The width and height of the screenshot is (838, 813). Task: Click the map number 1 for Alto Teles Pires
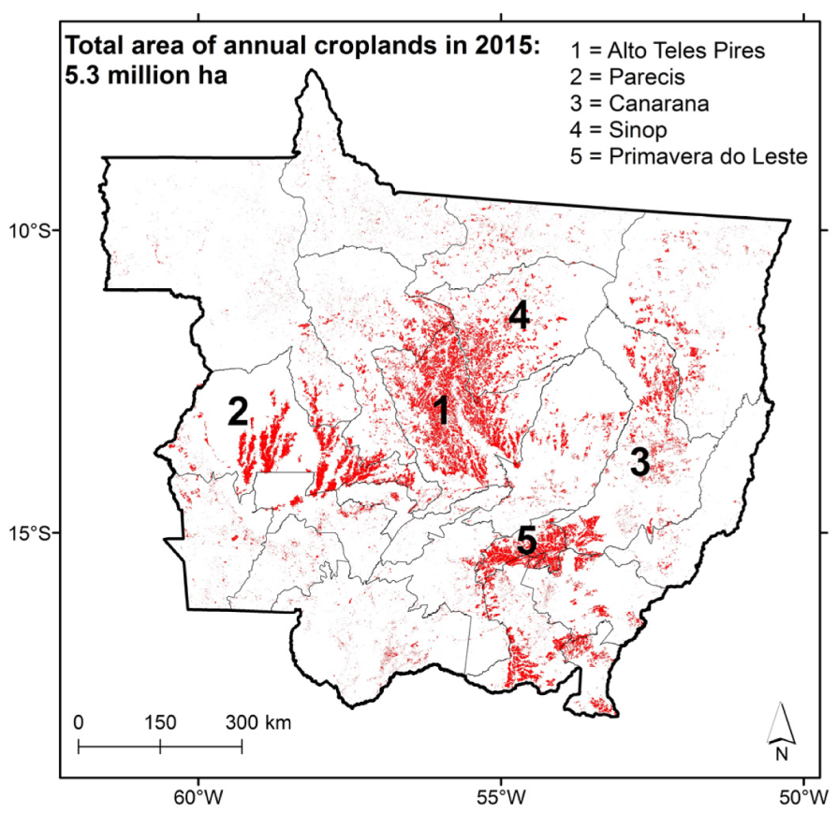[441, 410]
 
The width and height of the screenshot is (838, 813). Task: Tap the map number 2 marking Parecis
[238, 411]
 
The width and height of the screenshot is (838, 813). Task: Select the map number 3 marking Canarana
[640, 462]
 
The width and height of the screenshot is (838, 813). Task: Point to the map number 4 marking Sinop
[519, 317]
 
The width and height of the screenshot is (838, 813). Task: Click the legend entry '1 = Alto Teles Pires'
[667, 51]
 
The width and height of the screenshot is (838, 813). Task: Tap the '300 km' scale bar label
[257, 722]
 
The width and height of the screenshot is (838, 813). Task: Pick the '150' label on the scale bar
[160, 722]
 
